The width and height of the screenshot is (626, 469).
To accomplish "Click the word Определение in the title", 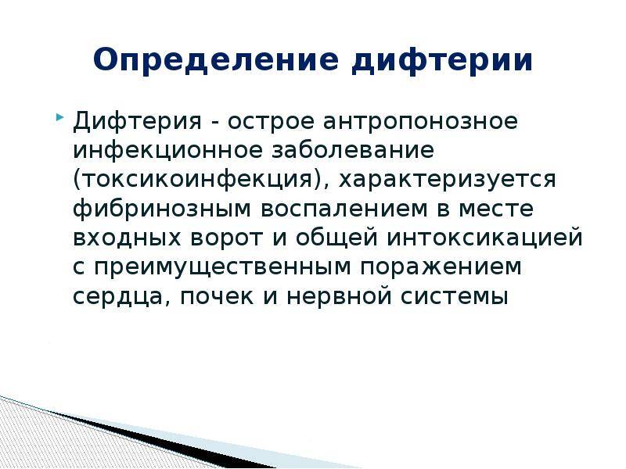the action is (216, 61).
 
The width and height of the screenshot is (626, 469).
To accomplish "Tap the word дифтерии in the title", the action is (442, 61).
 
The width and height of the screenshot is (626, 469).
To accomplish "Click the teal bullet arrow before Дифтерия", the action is (59, 118).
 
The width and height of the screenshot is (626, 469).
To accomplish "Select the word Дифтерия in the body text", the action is (138, 121).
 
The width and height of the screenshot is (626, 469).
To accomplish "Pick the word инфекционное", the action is (167, 151).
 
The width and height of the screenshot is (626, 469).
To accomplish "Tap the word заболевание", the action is (353, 150).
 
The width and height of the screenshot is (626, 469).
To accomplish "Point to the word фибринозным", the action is (162, 209).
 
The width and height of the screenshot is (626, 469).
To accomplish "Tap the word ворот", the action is (227, 238).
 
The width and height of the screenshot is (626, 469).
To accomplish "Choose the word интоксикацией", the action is (485, 238).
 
